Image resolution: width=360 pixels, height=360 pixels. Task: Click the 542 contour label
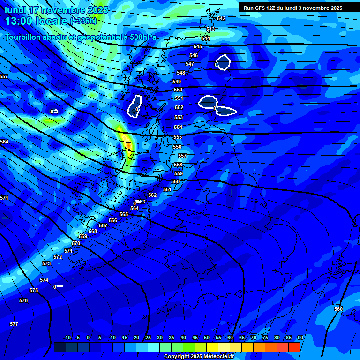(221, 18)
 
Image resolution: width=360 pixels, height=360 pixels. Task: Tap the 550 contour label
(178, 90)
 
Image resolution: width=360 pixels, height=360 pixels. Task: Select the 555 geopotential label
(178, 137)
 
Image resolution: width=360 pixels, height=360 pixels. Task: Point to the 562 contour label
(152, 195)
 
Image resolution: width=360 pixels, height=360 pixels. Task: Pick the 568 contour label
(93, 231)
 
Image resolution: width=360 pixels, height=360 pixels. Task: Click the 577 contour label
(14, 324)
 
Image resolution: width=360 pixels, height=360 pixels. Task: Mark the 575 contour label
(34, 290)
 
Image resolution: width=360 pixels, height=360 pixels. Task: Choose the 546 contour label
(194, 55)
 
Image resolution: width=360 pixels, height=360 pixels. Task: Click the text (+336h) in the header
(83, 21)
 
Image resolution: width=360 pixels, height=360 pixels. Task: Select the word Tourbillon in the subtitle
(23, 37)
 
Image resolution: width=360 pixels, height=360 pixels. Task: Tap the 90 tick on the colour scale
(300, 338)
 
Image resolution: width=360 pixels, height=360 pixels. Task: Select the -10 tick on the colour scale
(67, 338)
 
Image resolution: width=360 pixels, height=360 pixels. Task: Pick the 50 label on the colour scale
(207, 338)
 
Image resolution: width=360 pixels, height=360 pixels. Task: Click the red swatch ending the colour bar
(294, 347)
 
